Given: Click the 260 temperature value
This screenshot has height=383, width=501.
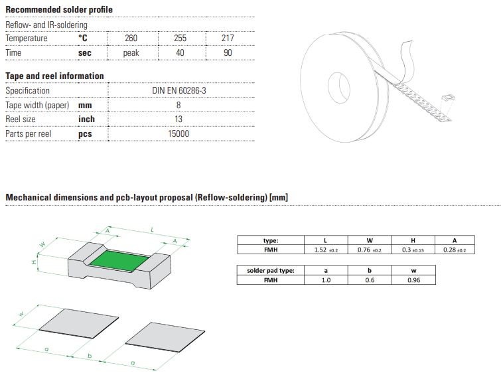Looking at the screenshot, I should point(131,38).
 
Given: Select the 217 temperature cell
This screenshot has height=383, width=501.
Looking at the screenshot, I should point(228,38).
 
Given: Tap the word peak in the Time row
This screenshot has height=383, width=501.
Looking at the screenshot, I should point(131,52).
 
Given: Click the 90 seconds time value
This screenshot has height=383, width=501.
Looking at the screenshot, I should point(228,52).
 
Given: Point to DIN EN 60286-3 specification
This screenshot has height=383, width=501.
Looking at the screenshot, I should point(179,90).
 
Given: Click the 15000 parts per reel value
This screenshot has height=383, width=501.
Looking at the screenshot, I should point(179,133).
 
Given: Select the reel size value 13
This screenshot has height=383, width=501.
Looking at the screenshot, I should point(179,119).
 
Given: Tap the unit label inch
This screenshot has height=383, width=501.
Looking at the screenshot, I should point(86,119).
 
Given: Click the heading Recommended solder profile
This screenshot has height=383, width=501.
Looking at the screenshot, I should point(59,10).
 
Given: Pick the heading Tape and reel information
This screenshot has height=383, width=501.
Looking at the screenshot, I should point(54,76).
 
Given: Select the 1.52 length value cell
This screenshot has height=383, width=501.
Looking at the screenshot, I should point(326,250).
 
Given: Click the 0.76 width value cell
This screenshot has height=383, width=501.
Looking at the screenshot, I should point(370,250).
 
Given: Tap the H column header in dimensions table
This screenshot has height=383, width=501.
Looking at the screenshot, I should point(413,240).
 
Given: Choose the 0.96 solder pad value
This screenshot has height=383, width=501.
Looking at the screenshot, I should point(413,280).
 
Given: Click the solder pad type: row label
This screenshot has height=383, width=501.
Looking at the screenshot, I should point(270,270).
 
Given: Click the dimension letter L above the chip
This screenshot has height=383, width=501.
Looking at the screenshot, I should point(153,229).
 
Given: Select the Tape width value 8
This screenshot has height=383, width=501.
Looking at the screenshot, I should point(179,105).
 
